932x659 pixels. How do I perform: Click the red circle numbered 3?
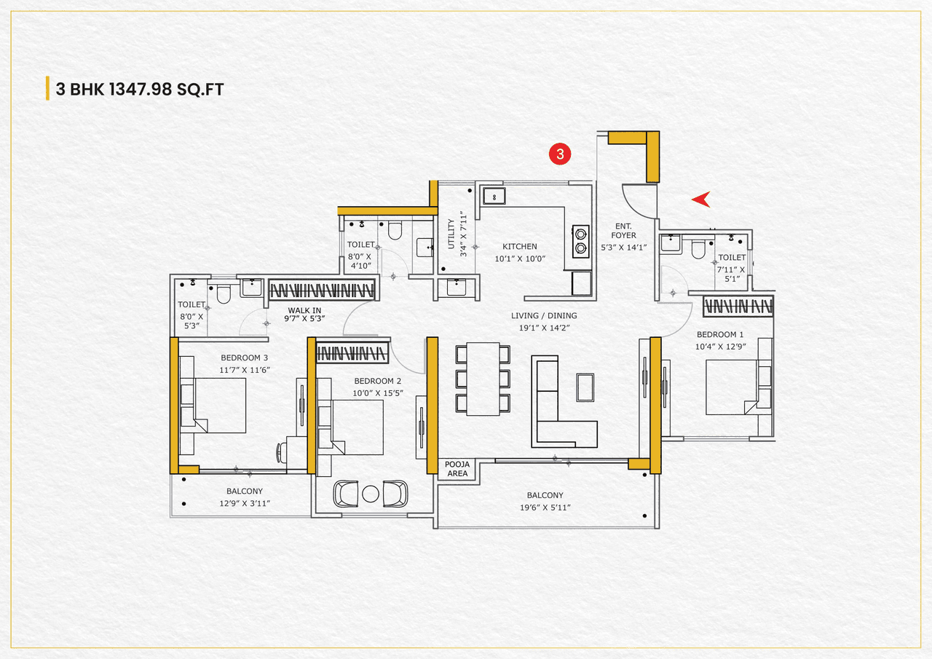pos(560,154)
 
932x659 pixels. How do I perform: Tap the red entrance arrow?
pos(701,199)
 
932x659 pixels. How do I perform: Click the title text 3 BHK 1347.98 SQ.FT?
pos(139,90)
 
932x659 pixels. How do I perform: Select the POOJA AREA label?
pos(457,469)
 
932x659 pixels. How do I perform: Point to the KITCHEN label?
pos(519,247)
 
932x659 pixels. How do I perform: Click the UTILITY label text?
pos(451,234)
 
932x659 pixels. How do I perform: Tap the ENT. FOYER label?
pos(623,231)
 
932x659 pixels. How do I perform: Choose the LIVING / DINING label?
pos(543,315)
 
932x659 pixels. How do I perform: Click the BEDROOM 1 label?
pos(700,334)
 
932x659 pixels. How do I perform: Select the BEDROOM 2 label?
pos(378,381)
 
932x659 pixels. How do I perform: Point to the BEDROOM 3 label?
pos(245,358)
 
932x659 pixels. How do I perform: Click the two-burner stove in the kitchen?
pos(580,241)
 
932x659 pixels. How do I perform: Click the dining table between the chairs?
pos(483,379)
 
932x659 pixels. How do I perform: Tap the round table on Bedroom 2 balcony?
pos(371,494)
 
